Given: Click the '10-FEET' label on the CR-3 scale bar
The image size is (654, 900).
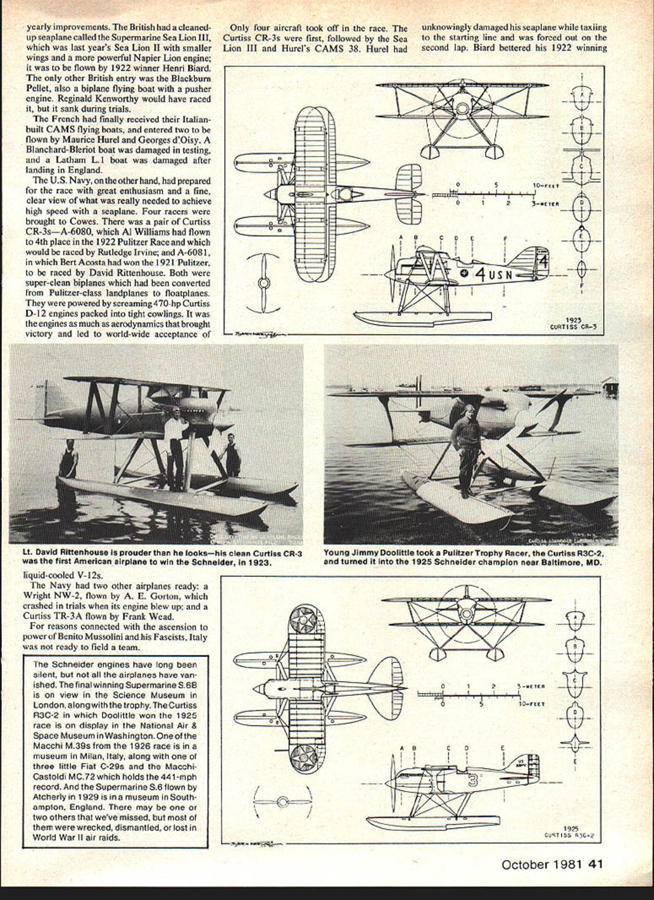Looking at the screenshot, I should click(546, 186).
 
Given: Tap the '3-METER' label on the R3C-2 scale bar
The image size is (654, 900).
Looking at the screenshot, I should click(531, 686).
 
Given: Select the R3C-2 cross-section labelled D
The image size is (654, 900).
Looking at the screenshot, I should click(575, 713).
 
